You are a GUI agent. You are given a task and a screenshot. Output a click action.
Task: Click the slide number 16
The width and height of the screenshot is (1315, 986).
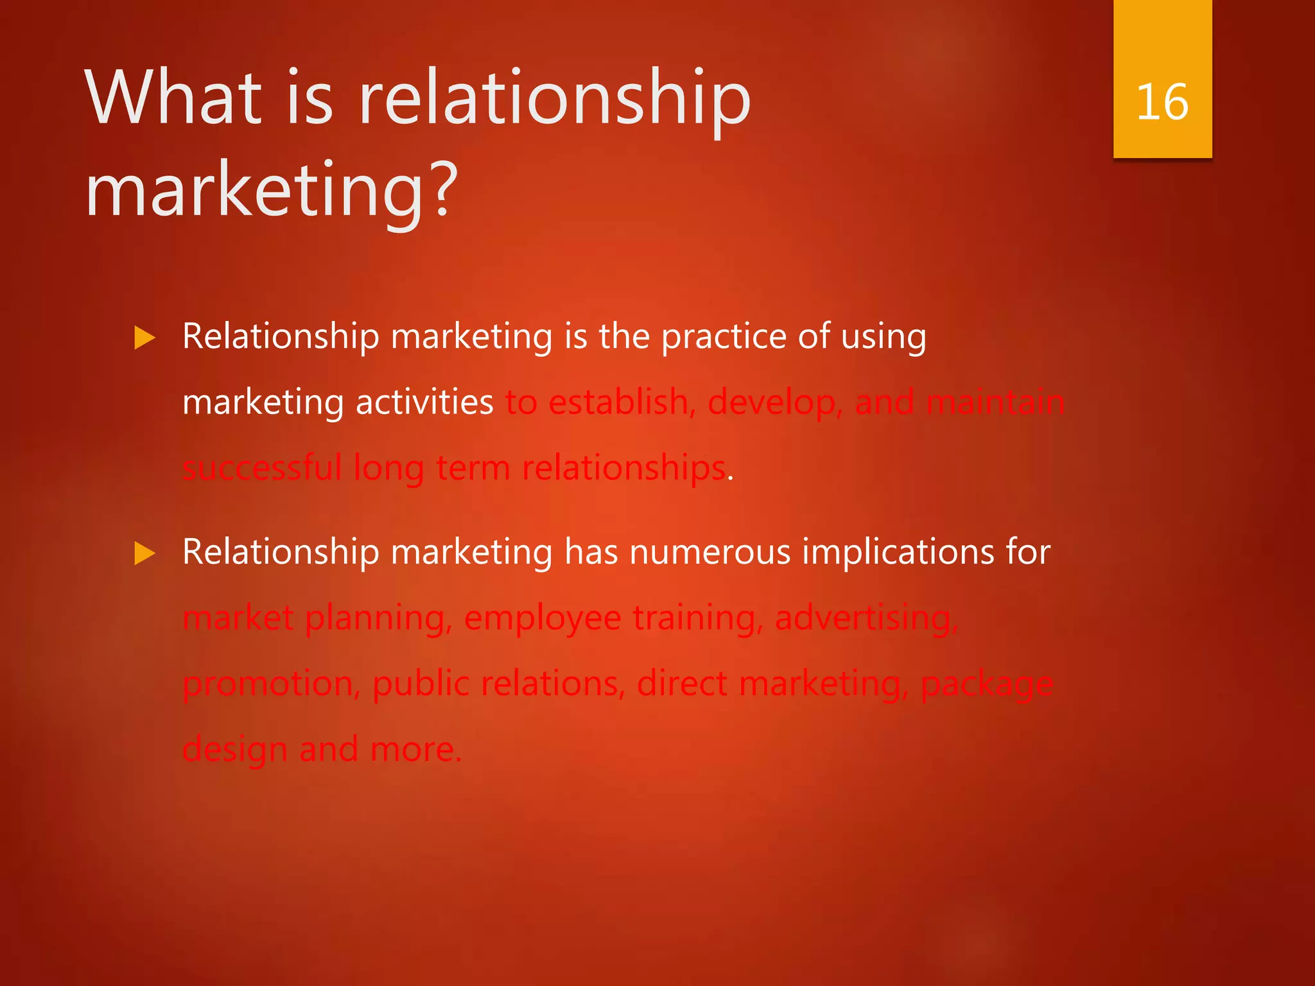(x=1162, y=103)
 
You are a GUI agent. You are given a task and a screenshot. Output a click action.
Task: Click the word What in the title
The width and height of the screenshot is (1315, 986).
(x=173, y=98)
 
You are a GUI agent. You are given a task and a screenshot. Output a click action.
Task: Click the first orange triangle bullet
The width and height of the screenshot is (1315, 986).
(x=145, y=338)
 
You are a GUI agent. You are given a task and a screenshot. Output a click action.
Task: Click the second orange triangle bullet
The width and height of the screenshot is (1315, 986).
(x=145, y=553)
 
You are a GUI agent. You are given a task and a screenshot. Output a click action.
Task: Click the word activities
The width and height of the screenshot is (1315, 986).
(x=424, y=403)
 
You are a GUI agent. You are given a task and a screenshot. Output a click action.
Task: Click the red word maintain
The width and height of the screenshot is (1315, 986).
(x=995, y=403)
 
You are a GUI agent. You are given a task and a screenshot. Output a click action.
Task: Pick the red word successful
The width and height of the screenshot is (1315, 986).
(x=262, y=468)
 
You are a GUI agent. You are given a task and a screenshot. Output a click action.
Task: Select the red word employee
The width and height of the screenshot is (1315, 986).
(x=543, y=619)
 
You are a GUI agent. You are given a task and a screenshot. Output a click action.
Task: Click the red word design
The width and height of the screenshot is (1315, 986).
(x=235, y=750)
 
